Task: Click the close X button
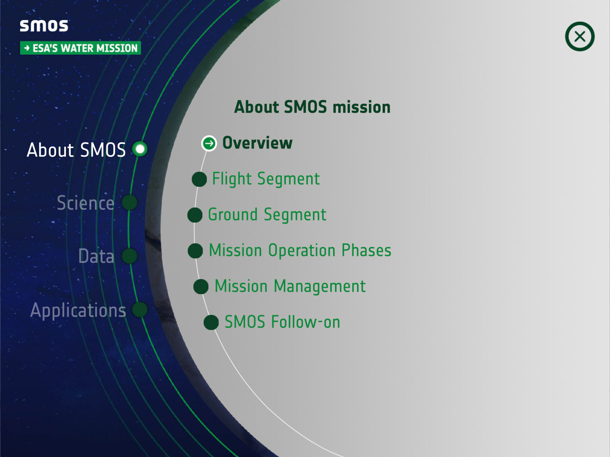(x=579, y=37)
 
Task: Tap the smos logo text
(x=44, y=26)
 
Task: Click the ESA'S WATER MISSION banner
(x=81, y=48)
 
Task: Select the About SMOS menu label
(x=76, y=150)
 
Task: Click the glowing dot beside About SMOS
(x=140, y=149)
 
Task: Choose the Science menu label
(x=85, y=203)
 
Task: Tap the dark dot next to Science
(x=129, y=202)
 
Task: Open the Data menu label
(x=96, y=256)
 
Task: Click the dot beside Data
(x=129, y=256)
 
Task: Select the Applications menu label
(x=78, y=310)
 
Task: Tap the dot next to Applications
(x=140, y=309)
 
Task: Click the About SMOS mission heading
(x=312, y=107)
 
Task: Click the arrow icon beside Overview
(x=209, y=143)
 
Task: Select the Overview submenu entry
(x=258, y=143)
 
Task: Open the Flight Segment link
(x=266, y=179)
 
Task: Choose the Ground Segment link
(x=267, y=215)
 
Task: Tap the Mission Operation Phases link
(x=300, y=251)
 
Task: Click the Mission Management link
(x=290, y=286)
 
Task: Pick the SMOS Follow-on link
(x=282, y=322)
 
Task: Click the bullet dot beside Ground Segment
(x=195, y=215)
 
